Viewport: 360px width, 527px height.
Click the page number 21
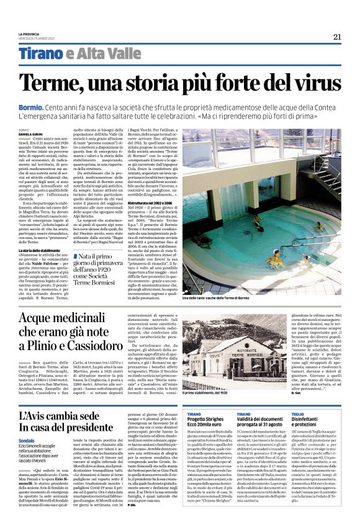(337, 37)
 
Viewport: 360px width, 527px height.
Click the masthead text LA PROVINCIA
(31, 34)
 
